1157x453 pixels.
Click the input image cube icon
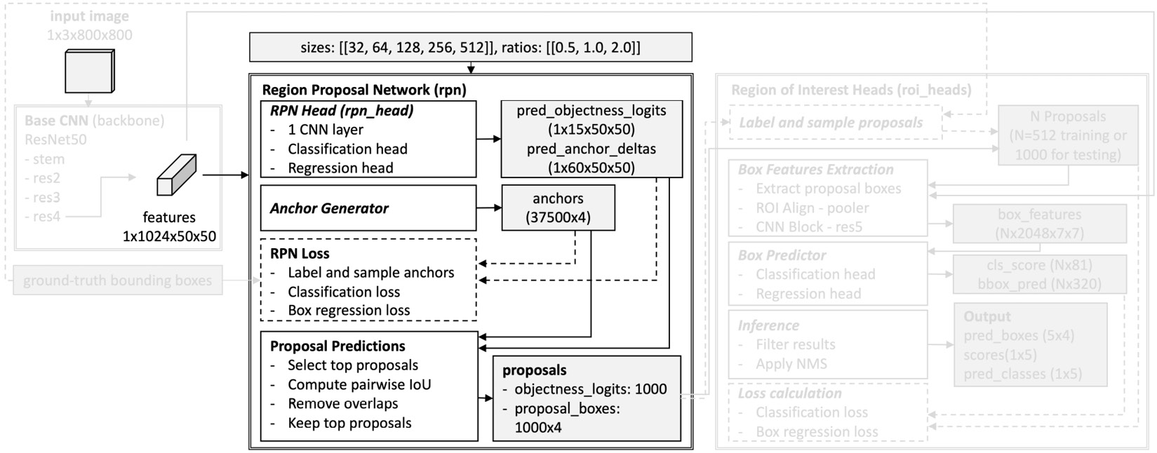(x=89, y=71)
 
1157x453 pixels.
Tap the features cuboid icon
(x=175, y=175)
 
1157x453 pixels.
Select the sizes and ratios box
(x=470, y=48)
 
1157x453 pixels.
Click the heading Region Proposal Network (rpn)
(x=363, y=90)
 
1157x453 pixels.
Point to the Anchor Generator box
(x=368, y=208)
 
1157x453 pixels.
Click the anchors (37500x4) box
(x=558, y=208)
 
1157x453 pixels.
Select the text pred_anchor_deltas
(x=591, y=149)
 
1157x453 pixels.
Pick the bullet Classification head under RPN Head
(x=347, y=149)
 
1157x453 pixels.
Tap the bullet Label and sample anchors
(x=370, y=273)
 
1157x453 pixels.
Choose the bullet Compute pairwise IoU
(x=359, y=384)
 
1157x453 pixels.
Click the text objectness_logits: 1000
(x=590, y=389)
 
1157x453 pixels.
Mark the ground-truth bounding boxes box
(x=117, y=280)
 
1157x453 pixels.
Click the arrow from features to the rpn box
(x=226, y=175)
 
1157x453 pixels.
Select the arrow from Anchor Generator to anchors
(x=489, y=208)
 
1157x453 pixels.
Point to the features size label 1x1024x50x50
(x=169, y=236)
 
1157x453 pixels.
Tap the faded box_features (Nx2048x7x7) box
(x=1039, y=224)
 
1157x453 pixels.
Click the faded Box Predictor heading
(x=782, y=255)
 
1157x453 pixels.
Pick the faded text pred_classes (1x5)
(x=1022, y=374)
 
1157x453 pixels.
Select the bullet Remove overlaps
(x=342, y=404)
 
